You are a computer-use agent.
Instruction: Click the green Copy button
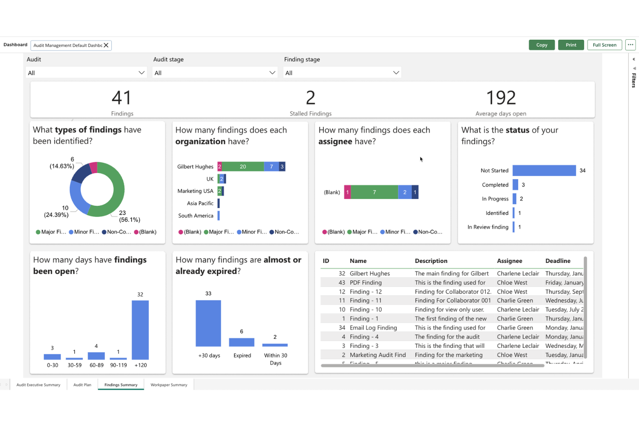coord(541,45)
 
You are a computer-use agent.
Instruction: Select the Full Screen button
coord(604,45)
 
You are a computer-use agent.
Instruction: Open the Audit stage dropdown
coord(215,73)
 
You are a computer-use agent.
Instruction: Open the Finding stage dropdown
coord(342,73)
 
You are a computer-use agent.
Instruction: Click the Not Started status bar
coord(544,170)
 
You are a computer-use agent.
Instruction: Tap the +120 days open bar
coord(140,330)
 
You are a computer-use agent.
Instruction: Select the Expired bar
coord(241,342)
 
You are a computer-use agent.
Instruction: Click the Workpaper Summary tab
coord(169,385)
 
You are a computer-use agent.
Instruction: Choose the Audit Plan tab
coord(82,385)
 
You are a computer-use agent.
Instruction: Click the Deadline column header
coord(558,261)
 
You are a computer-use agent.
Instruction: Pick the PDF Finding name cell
coord(365,283)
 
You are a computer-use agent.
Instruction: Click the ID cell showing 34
coord(342,328)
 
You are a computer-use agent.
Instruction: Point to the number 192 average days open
coord(501,98)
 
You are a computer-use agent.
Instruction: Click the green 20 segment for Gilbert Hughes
coord(243,167)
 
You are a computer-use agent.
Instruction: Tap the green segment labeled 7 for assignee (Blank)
coord(374,192)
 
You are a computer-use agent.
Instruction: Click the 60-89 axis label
coord(96,365)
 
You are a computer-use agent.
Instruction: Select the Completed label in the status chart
coord(495,185)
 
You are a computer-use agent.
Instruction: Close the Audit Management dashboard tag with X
coord(106,45)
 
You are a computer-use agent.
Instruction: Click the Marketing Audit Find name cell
coord(377,355)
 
